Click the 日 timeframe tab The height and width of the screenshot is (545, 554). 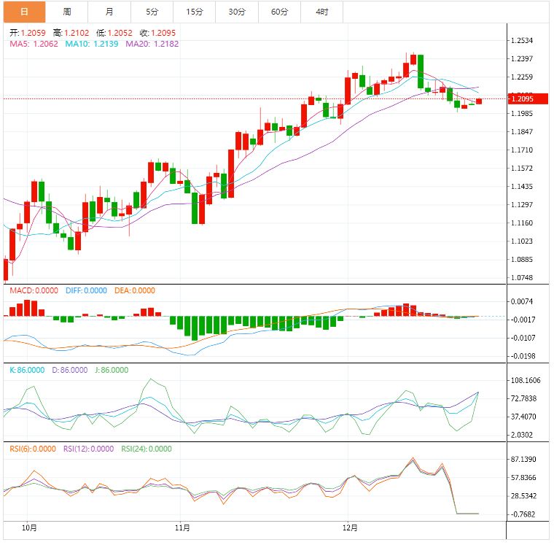point(24,12)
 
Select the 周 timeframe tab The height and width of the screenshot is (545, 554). point(67,12)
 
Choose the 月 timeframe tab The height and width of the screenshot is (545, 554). point(109,12)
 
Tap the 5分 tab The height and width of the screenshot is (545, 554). point(152,12)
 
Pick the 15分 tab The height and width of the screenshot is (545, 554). point(195,12)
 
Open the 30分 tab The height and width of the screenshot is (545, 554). point(237,12)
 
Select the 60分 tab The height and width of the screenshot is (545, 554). point(279,12)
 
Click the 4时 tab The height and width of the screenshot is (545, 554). point(322,12)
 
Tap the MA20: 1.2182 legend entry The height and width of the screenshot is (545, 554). point(152,44)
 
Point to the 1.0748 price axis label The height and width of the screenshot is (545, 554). point(522,278)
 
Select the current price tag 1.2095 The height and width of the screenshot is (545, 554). point(525,98)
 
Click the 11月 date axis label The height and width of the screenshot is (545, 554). point(183,527)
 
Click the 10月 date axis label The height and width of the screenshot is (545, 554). point(30,527)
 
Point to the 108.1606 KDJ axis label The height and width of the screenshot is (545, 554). point(525,381)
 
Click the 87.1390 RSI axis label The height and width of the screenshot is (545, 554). point(523,460)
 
